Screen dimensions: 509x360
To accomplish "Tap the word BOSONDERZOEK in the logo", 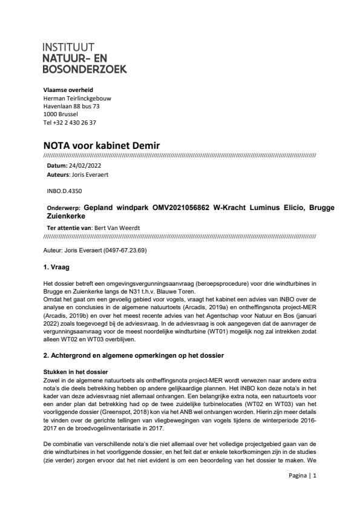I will (85, 69).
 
